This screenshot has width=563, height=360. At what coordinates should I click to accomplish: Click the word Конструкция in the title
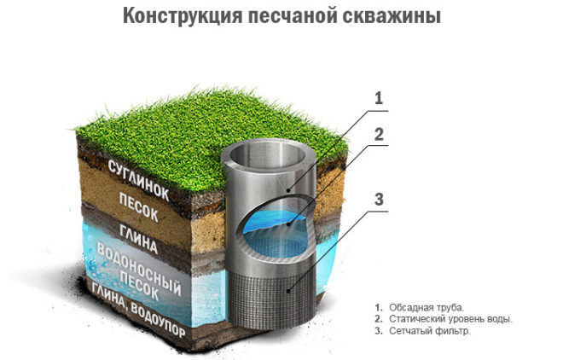coord(183,16)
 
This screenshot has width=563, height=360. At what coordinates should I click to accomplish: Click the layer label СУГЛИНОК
coord(138,180)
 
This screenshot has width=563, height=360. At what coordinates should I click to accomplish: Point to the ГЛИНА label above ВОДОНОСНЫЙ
coord(138,240)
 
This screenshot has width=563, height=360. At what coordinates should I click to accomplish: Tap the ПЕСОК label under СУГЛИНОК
coord(138,207)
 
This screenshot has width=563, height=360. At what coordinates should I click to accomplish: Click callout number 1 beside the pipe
coord(379,98)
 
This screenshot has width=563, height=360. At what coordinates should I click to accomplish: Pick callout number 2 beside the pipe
coord(379,134)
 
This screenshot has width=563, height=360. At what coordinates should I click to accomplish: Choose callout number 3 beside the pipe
coord(379,200)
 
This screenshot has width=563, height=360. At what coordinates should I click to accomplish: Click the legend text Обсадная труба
coord(427,308)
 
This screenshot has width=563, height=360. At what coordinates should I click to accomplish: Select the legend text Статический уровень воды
coord(450,319)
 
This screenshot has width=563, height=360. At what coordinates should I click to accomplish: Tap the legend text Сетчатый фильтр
coord(429,330)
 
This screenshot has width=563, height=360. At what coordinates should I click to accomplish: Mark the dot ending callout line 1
coord(287,190)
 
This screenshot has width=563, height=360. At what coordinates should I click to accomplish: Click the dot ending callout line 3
coord(288,290)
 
